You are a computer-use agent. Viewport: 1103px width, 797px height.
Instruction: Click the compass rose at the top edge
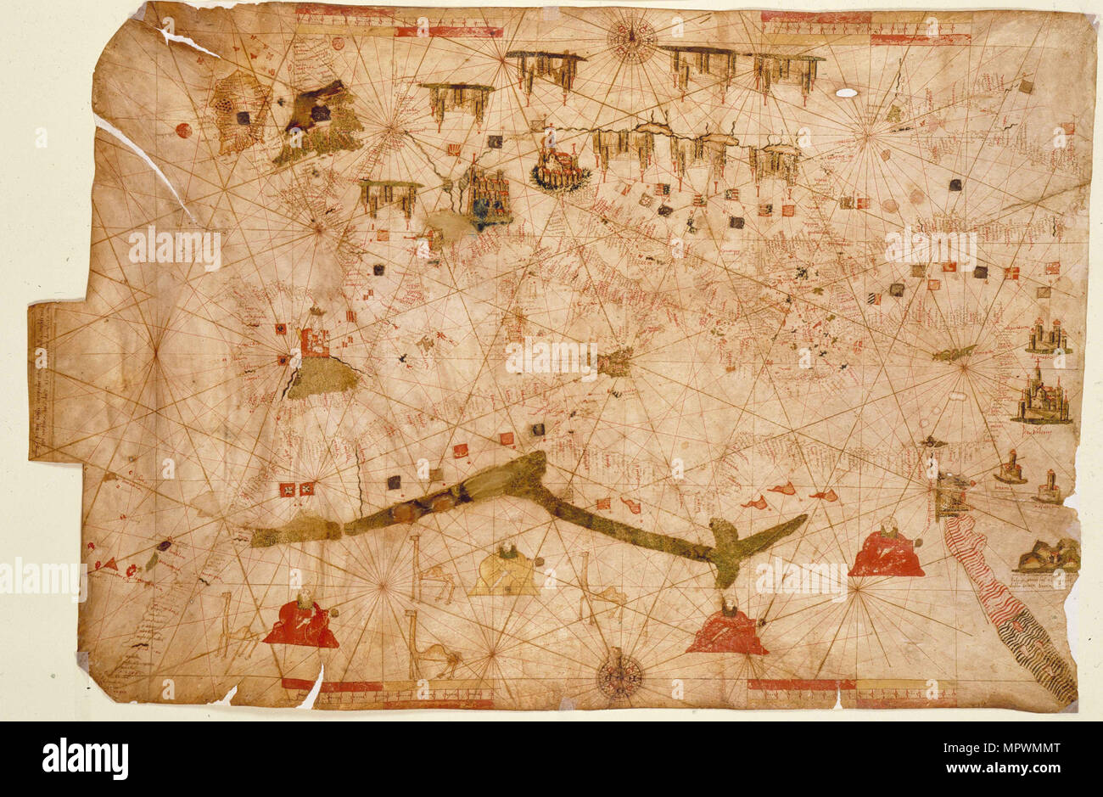[631, 39]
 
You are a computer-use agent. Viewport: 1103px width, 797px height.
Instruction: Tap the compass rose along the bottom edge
[619, 676]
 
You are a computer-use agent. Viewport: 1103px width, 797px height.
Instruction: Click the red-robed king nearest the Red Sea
[887, 550]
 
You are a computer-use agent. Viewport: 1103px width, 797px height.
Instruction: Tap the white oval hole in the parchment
[846, 92]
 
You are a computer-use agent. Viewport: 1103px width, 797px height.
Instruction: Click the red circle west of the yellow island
[182, 130]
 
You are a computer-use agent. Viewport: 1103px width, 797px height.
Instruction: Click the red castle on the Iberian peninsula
[315, 341]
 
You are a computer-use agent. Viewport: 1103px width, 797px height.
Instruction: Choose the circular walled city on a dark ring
[560, 168]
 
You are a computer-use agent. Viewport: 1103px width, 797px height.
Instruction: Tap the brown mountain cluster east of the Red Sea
[1049, 556]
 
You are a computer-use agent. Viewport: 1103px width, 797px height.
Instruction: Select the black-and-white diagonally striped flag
[874, 299]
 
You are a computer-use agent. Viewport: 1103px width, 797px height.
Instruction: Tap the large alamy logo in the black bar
[85, 758]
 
